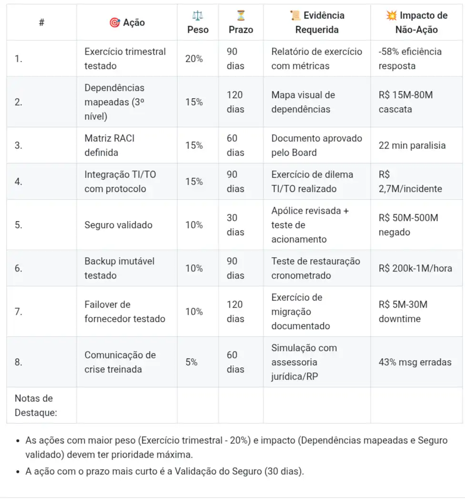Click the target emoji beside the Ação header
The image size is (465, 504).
[114, 22]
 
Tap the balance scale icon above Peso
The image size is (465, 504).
[197, 15]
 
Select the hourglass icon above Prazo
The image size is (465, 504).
[241, 15]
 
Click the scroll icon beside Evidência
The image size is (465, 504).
[295, 15]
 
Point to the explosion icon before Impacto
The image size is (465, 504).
[392, 15]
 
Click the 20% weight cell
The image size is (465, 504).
[194, 59]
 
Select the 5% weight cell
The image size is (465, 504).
[192, 362]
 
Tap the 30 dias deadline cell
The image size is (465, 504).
[235, 225]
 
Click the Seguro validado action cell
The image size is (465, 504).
[119, 225]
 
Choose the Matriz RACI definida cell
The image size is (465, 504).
[110, 145]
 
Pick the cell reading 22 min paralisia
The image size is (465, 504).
[412, 145]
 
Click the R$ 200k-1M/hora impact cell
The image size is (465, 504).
[415, 268]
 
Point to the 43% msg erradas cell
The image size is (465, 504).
[415, 362]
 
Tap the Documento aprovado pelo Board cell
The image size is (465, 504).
[317, 145]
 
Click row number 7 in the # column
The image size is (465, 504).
[19, 312]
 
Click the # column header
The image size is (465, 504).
[41, 22]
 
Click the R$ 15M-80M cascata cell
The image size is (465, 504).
[405, 102]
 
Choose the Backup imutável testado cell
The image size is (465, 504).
[120, 268]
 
